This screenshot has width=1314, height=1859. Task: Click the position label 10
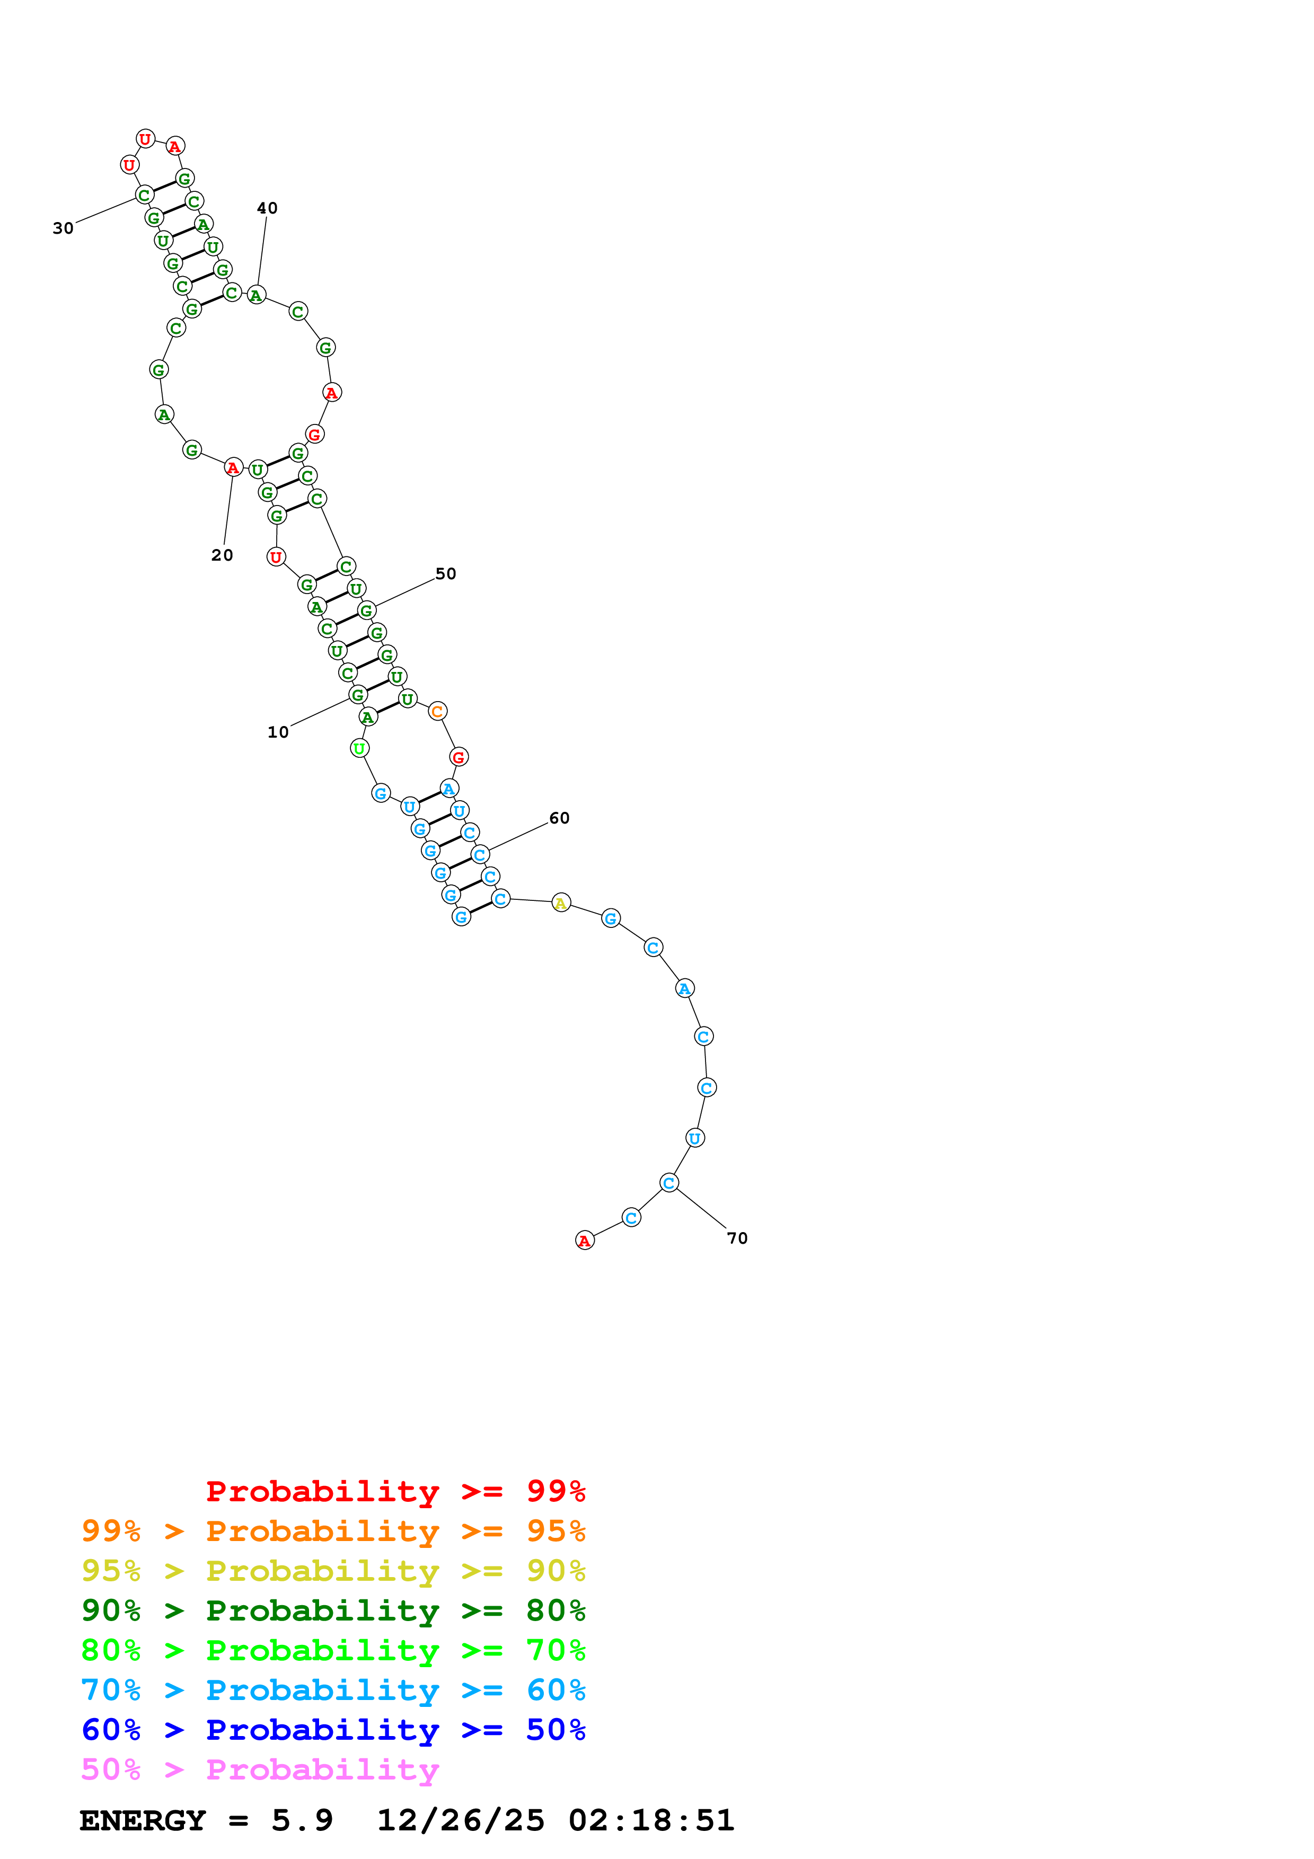pyautogui.click(x=278, y=732)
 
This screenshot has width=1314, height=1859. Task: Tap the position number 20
pyautogui.click(x=222, y=555)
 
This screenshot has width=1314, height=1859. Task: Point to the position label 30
pyautogui.click(x=63, y=228)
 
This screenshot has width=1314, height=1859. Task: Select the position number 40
pyautogui.click(x=267, y=208)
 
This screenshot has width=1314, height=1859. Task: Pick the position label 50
pyautogui.click(x=445, y=574)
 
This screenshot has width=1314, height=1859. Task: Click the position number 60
pyautogui.click(x=559, y=819)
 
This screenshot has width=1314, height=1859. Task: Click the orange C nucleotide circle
pyautogui.click(x=437, y=712)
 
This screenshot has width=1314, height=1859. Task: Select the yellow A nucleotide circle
pyautogui.click(x=560, y=903)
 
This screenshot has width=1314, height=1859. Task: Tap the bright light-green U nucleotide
pyautogui.click(x=359, y=749)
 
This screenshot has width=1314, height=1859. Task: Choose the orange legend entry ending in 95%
pyautogui.click(x=333, y=1531)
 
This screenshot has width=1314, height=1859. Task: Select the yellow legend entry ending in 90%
pyautogui.click(x=333, y=1571)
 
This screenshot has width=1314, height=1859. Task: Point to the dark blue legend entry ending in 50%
pyautogui.click(x=333, y=1730)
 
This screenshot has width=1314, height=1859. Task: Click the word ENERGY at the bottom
pyautogui.click(x=143, y=1820)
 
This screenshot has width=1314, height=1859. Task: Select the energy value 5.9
pyautogui.click(x=302, y=1820)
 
